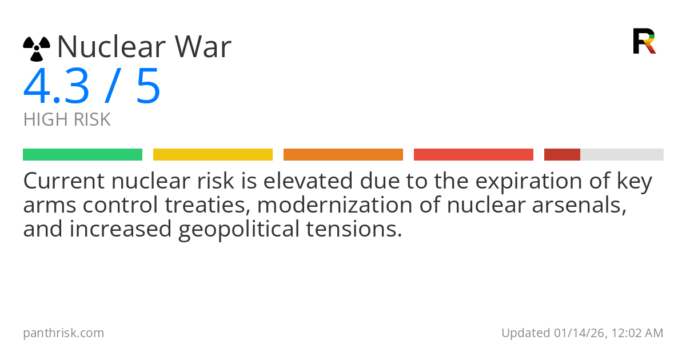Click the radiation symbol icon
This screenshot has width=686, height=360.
tap(37, 49)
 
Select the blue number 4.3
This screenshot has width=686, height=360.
tap(57, 87)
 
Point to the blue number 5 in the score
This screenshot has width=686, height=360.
tap(148, 87)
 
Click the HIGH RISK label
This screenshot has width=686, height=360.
tap(67, 120)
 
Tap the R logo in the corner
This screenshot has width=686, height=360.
tap(644, 41)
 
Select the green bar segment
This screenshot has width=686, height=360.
tap(82, 155)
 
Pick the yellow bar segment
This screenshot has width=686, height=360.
tap(213, 155)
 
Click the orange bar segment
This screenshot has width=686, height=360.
tap(343, 155)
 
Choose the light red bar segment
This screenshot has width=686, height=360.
tap(473, 155)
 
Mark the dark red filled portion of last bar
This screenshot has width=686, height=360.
tap(562, 155)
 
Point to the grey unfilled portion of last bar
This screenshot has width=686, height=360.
tap(622, 155)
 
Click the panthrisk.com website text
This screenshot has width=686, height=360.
tap(63, 333)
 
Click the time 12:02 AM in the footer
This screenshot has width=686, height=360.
tap(636, 333)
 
